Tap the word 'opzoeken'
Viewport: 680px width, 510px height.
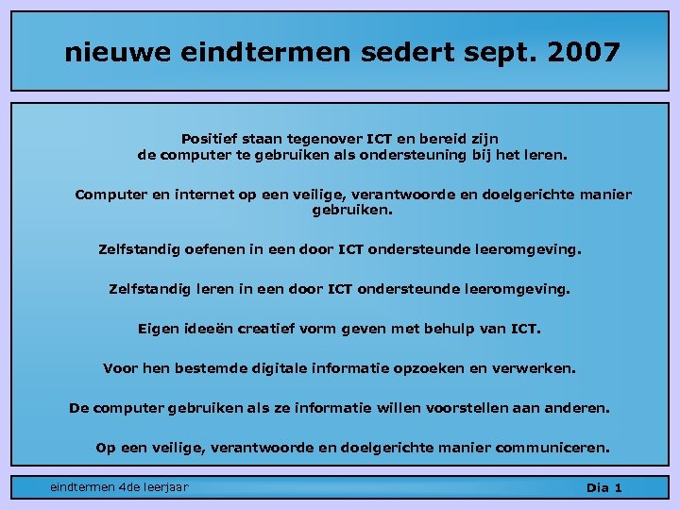pyautogui.click(x=463, y=367)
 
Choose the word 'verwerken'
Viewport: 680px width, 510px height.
pyautogui.click(x=541, y=367)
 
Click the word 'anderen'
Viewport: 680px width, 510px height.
pyautogui.click(x=577, y=408)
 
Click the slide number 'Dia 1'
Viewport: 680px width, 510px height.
pyautogui.click(x=603, y=487)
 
